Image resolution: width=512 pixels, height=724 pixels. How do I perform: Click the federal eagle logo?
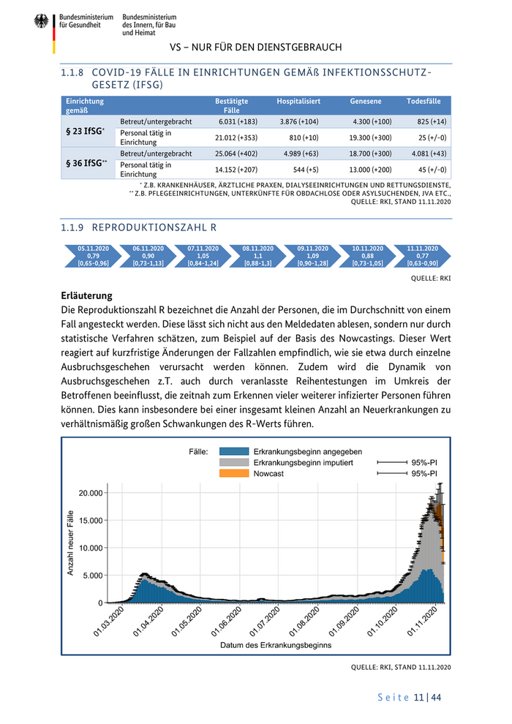[x=40, y=22]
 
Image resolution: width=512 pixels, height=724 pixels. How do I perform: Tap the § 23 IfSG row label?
[x=83, y=131]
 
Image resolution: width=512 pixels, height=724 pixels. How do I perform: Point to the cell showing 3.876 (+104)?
[x=298, y=121]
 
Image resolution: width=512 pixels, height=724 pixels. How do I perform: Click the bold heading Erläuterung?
[x=86, y=296]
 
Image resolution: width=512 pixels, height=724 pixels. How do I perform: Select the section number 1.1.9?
[x=72, y=227]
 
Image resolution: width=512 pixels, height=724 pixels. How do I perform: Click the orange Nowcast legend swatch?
[x=234, y=474]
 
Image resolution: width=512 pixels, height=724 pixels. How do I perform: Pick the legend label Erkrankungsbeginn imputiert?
[x=303, y=463]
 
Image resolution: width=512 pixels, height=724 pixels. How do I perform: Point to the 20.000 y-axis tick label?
[x=91, y=493]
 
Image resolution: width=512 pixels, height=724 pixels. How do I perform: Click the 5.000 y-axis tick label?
[x=93, y=576]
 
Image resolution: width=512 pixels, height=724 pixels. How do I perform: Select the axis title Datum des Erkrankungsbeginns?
[x=276, y=645]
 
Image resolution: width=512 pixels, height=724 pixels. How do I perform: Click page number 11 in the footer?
[x=419, y=698]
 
